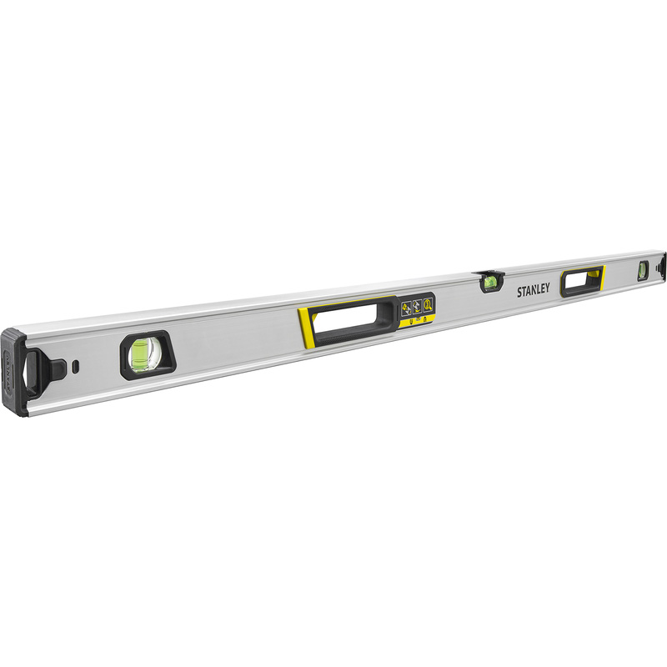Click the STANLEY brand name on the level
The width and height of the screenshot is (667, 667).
[534, 291]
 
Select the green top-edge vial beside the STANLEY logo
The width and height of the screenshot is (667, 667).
[489, 282]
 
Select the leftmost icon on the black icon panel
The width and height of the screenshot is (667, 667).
[406, 308]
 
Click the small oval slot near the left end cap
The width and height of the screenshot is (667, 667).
[76, 365]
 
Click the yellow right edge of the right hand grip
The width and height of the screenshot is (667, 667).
[603, 277]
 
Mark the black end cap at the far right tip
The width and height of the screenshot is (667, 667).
[663, 265]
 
